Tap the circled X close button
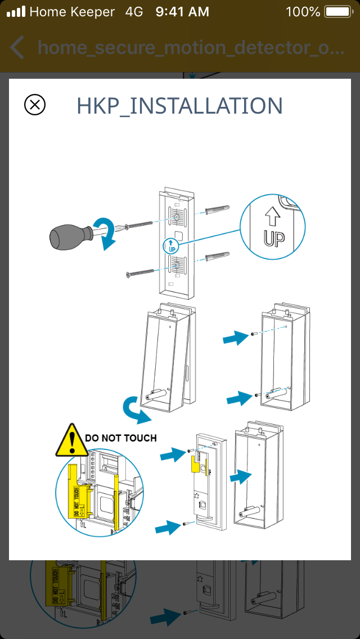35,105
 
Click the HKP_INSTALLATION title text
179,106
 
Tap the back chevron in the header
17,48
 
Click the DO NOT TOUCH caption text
120,438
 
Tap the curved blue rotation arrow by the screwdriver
106,234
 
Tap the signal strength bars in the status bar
16,12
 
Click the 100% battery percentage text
303,12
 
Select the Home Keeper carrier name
72,12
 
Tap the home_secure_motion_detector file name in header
191,48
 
